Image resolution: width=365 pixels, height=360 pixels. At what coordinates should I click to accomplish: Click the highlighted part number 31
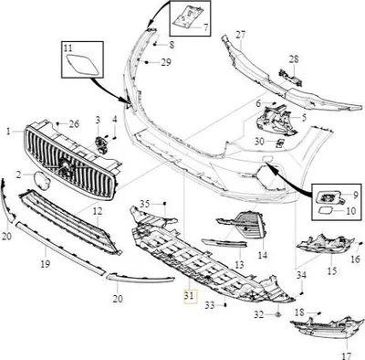pos(189,296)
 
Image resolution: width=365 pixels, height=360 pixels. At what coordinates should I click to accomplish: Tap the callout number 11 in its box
pos(68,48)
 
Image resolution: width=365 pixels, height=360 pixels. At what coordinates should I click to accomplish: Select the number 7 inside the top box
pos(205,27)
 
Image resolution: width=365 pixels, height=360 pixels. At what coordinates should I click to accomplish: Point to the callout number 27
pos(241,35)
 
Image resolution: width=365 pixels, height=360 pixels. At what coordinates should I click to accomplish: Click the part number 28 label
pos(294,59)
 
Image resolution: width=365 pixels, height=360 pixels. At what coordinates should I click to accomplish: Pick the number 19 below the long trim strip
pos(46,264)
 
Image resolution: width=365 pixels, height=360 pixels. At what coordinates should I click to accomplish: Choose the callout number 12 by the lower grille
pos(98,211)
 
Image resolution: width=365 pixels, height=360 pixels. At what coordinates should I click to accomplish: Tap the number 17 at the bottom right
pos(347,355)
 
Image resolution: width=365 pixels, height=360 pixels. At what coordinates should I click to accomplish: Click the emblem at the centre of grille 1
pos(65,166)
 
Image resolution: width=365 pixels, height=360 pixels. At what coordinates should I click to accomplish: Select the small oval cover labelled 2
pos(42,180)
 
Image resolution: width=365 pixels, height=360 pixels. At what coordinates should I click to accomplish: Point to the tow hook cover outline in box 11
pos(83,65)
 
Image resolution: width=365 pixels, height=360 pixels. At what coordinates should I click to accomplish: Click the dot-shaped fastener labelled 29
pos(147,62)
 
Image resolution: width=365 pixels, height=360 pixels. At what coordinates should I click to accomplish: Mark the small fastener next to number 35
pos(164,203)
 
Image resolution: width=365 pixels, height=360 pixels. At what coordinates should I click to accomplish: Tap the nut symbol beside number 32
pos(277,314)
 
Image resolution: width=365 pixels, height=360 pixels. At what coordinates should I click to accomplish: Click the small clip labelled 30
pos(280,143)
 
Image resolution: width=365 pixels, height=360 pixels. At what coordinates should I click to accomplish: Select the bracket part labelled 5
pos(276,120)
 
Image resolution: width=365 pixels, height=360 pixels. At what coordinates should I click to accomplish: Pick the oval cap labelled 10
pos(327,209)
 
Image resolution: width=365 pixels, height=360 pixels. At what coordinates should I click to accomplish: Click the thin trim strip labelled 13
pos(224,242)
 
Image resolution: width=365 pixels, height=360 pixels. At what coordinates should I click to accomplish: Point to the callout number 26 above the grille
pos(74,124)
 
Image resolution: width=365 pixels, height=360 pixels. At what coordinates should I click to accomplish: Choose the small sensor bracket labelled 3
pos(99,143)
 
